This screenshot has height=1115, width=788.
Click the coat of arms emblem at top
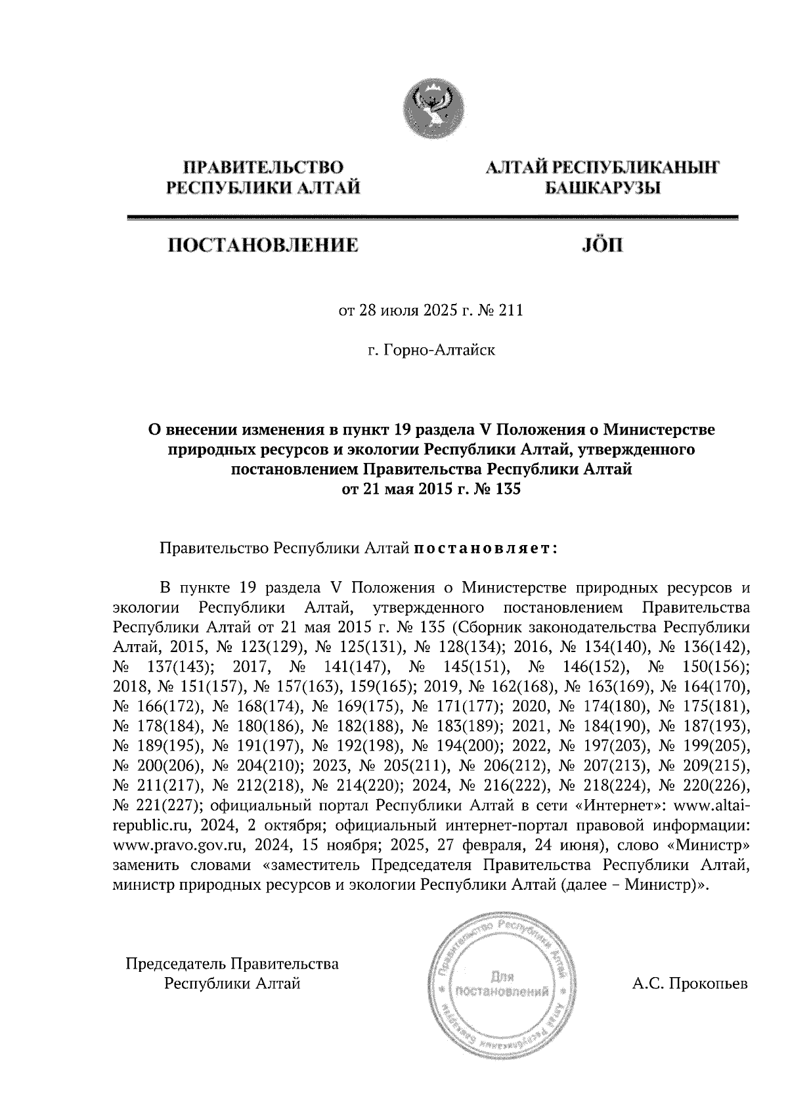tap(432, 108)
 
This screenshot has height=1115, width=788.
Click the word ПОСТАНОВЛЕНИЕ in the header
tap(264, 246)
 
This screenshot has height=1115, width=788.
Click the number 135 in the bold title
tap(506, 489)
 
